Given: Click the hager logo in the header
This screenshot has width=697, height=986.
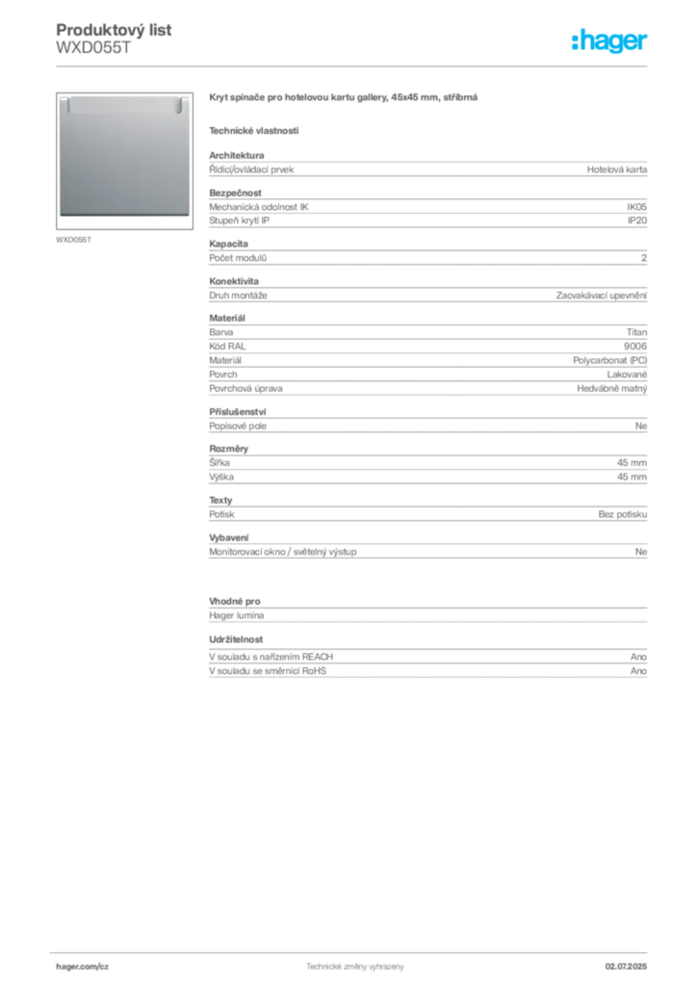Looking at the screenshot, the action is click(608, 40).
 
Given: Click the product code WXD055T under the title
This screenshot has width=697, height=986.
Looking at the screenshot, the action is click(93, 48).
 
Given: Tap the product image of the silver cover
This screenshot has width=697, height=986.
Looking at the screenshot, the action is click(124, 161).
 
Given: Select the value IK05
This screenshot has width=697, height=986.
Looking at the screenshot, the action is click(636, 207).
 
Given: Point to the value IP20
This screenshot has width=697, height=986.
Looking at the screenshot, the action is click(637, 221).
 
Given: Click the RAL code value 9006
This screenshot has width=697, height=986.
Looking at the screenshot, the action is click(635, 347).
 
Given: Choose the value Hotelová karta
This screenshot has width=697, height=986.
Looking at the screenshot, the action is click(616, 169).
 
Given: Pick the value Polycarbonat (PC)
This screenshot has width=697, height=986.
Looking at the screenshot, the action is click(609, 360).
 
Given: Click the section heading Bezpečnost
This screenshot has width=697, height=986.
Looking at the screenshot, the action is click(235, 193).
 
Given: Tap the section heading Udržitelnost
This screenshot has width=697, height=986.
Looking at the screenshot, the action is click(236, 639).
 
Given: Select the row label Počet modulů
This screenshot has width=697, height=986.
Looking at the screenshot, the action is click(238, 258).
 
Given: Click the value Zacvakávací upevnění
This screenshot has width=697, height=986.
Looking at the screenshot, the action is click(602, 296).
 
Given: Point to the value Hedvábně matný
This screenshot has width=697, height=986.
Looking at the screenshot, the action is click(612, 389).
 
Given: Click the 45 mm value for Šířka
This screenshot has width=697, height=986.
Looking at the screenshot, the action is click(632, 463).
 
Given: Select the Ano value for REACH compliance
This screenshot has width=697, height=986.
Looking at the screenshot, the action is click(638, 657).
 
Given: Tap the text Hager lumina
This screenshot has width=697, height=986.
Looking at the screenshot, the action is click(236, 615).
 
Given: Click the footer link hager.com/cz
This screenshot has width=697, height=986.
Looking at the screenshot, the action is click(83, 967).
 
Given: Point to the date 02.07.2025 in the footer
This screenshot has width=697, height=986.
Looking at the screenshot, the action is click(626, 967).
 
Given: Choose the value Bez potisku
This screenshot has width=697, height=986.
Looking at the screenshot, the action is click(622, 514).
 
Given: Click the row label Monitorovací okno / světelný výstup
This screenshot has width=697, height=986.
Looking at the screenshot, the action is click(283, 552).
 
